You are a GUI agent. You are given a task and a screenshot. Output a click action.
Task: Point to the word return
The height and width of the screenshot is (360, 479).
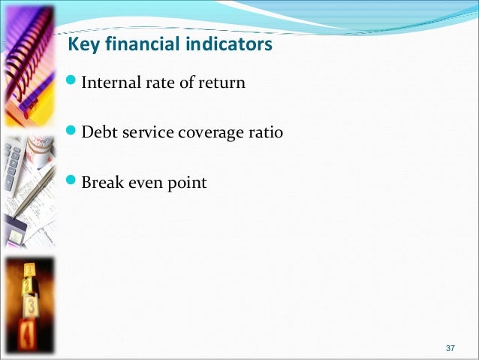[x=223, y=83]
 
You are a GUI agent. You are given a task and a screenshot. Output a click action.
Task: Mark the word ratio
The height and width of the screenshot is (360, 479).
[x=264, y=132]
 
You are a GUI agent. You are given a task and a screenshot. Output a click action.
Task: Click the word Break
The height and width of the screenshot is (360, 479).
[x=101, y=182]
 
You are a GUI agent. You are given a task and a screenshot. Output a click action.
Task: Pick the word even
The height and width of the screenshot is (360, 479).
[x=145, y=182]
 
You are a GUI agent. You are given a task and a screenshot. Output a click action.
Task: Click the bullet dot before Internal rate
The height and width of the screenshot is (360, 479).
[x=71, y=82]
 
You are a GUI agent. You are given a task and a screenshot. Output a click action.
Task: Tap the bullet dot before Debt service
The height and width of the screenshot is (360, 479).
[x=71, y=132]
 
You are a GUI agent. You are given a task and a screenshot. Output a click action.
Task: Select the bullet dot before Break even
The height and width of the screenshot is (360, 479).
[x=71, y=181]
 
